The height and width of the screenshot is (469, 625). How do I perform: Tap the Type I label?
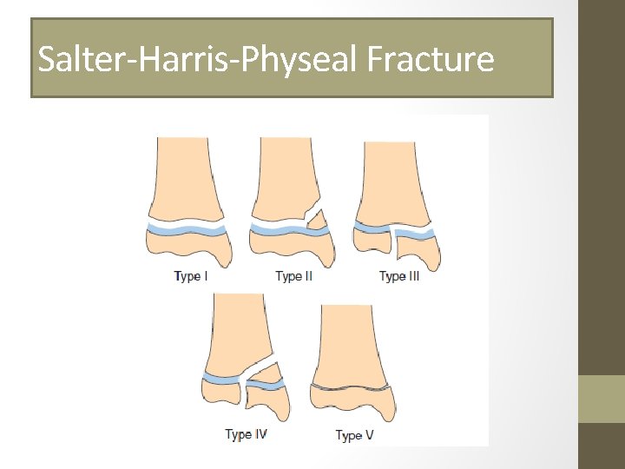[x=191, y=276]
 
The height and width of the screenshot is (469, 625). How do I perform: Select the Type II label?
[x=294, y=276]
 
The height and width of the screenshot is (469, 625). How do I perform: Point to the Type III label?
[x=399, y=276]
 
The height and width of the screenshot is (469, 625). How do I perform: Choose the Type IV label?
[x=246, y=434]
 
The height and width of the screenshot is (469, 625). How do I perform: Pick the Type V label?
[x=354, y=435]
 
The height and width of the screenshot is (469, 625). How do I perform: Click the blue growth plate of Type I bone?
[x=187, y=229]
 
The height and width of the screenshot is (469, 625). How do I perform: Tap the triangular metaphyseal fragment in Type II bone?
[x=318, y=218]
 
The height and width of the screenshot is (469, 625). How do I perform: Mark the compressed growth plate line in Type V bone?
[x=352, y=386]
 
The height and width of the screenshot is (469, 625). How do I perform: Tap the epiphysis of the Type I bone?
[x=187, y=249]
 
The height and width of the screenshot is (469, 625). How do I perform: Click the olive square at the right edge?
[x=602, y=398]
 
